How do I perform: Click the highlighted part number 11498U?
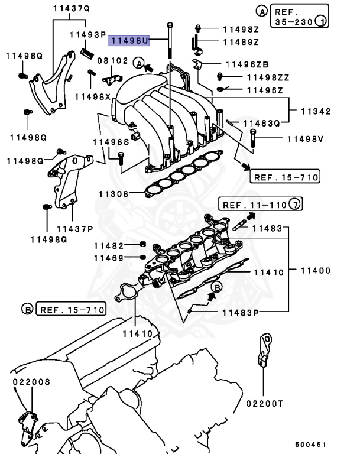pyautogui.click(x=129, y=40)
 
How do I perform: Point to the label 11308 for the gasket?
pyautogui.click(x=113, y=194)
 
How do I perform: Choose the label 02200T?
pyautogui.click(x=265, y=404)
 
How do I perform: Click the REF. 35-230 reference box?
pyautogui.click(x=299, y=17)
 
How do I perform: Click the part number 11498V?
pyautogui.click(x=305, y=139)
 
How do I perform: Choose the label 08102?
pyautogui.click(x=112, y=60)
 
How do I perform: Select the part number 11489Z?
pyautogui.click(x=241, y=42)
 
